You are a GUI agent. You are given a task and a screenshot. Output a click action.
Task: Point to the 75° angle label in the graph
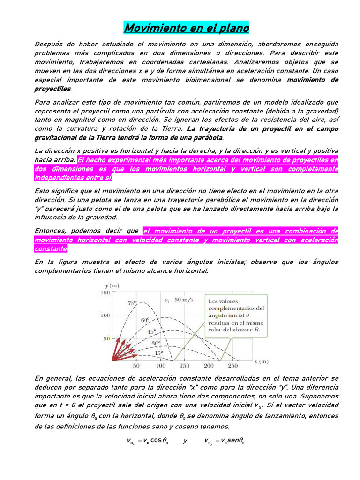pos(133,303)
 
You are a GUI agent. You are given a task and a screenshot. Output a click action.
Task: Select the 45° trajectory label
pos(151,331)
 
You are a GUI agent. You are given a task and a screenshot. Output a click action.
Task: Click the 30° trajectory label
pos(156,343)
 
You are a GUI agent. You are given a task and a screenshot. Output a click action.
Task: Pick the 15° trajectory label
pos(160,352)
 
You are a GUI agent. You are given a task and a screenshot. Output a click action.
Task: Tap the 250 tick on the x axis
pos(233,366)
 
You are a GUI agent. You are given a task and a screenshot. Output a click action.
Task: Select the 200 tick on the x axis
pos(209,366)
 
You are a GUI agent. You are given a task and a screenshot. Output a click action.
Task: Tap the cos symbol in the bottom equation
pos(157,441)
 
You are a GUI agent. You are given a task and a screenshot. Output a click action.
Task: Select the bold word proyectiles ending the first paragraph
pos(52,89)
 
